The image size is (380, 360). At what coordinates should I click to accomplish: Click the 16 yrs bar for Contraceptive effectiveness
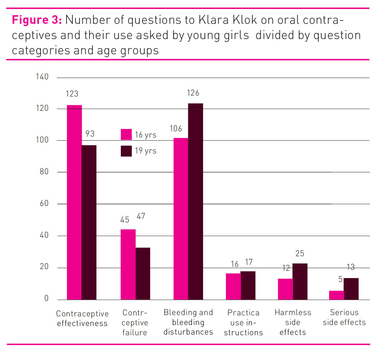[x=74, y=202]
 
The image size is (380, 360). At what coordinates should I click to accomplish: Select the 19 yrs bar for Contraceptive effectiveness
[x=89, y=222]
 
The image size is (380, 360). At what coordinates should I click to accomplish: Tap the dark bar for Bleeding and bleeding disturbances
[x=195, y=201]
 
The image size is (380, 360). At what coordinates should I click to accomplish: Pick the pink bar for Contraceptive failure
[x=128, y=264]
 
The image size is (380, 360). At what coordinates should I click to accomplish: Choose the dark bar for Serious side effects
[x=351, y=289]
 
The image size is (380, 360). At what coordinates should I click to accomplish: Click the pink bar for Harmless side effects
[x=285, y=289]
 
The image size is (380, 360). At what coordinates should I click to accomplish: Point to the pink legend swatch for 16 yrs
[x=126, y=135]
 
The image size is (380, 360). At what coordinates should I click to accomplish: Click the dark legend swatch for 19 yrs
[x=126, y=151]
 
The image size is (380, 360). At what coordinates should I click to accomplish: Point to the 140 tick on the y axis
[x=42, y=77]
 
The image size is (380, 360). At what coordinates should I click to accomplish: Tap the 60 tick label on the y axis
[x=44, y=204]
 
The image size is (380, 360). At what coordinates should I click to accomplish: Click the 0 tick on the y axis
[x=46, y=298]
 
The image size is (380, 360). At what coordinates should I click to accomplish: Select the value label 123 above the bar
[x=72, y=94]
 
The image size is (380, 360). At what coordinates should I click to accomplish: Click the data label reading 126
[x=193, y=93]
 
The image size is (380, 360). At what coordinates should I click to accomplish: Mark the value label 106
[x=176, y=129]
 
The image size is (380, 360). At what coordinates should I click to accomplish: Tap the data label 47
[x=141, y=216]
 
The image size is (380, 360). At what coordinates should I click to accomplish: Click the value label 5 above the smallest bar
[x=340, y=279]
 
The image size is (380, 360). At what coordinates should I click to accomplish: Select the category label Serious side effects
[x=344, y=317]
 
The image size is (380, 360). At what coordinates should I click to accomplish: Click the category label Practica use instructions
[x=243, y=322]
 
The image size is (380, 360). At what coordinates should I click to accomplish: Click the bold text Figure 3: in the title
[x=37, y=20]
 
